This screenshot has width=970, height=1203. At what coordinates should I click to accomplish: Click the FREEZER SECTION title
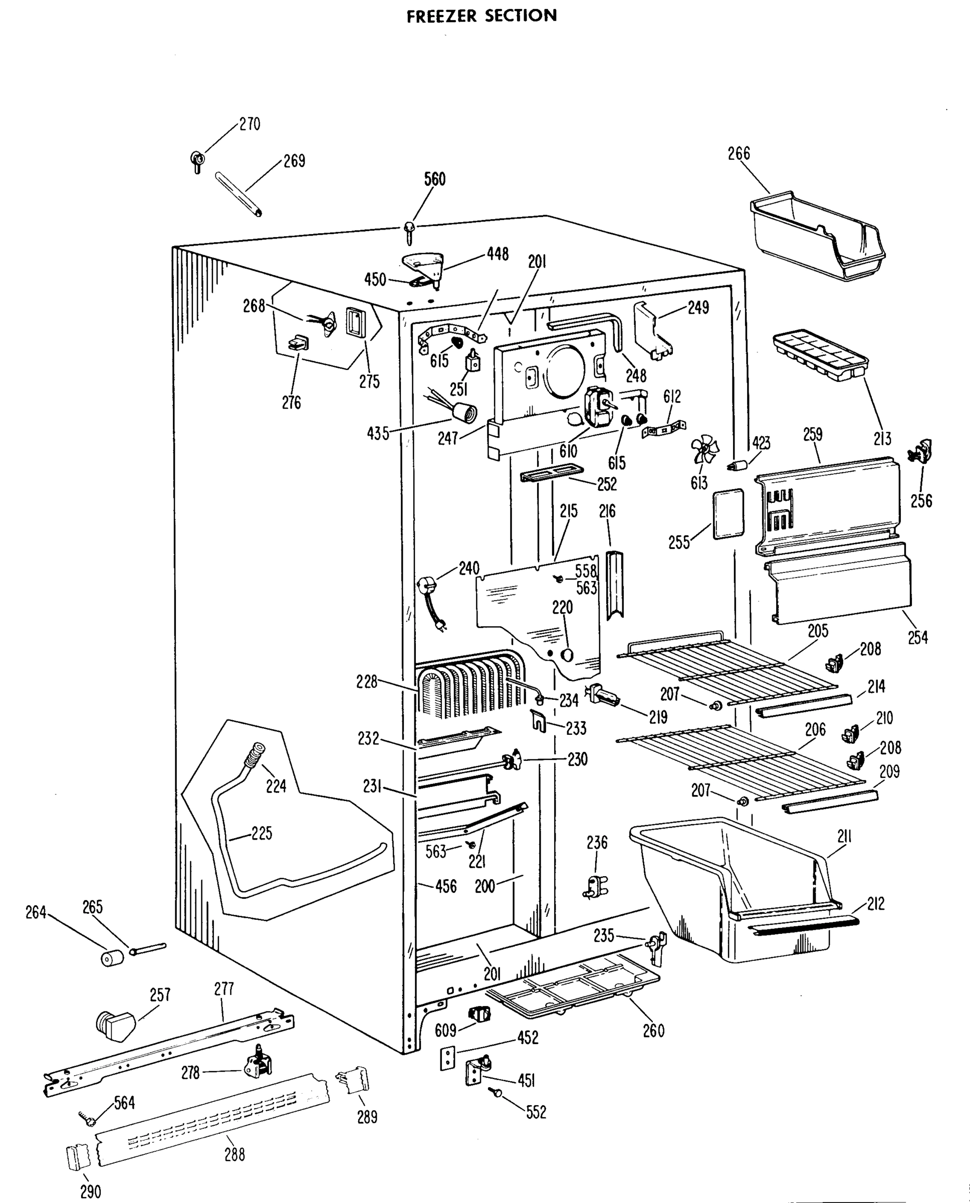coord(481,16)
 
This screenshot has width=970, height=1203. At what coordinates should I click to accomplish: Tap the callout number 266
coord(738,153)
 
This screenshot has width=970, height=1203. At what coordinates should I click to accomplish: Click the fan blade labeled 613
coord(704,451)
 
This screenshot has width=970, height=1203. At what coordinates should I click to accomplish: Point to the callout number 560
coord(434,179)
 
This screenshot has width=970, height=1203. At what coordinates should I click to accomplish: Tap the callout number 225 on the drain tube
coord(262,834)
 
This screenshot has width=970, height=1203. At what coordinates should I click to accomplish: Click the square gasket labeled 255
coord(729,514)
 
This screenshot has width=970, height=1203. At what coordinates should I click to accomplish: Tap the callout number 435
coord(378,433)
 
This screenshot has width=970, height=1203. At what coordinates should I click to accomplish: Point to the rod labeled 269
coord(238,194)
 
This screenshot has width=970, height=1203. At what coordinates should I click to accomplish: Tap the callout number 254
coord(917,637)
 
